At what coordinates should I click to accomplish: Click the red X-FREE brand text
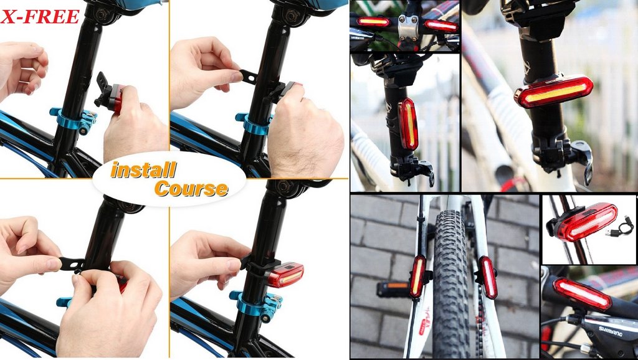click(40, 16)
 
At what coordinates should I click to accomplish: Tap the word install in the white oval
click(143, 169)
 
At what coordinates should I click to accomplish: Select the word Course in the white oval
click(191, 188)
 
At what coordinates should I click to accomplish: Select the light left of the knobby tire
click(417, 276)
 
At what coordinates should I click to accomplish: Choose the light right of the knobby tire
click(487, 277)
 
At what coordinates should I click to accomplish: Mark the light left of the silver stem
click(373, 22)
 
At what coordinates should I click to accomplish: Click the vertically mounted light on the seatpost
click(407, 124)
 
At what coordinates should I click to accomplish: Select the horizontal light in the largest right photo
click(554, 92)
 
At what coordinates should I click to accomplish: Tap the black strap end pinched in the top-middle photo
click(248, 75)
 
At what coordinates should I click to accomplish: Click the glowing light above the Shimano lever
click(583, 293)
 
